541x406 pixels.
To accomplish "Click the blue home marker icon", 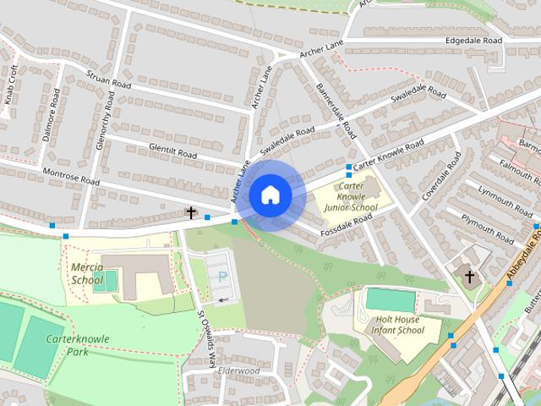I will pyautogui.click(x=270, y=195).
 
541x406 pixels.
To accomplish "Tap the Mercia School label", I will pyautogui.click(x=87, y=274).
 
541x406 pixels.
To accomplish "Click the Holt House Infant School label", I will pyautogui.click(x=400, y=325).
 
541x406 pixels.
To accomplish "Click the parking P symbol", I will pyautogui.click(x=223, y=276).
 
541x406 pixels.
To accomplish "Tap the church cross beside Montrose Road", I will pyautogui.click(x=191, y=213).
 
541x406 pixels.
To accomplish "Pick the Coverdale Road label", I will pyautogui.click(x=441, y=177).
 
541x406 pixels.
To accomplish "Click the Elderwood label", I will pyautogui.click(x=238, y=370).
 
